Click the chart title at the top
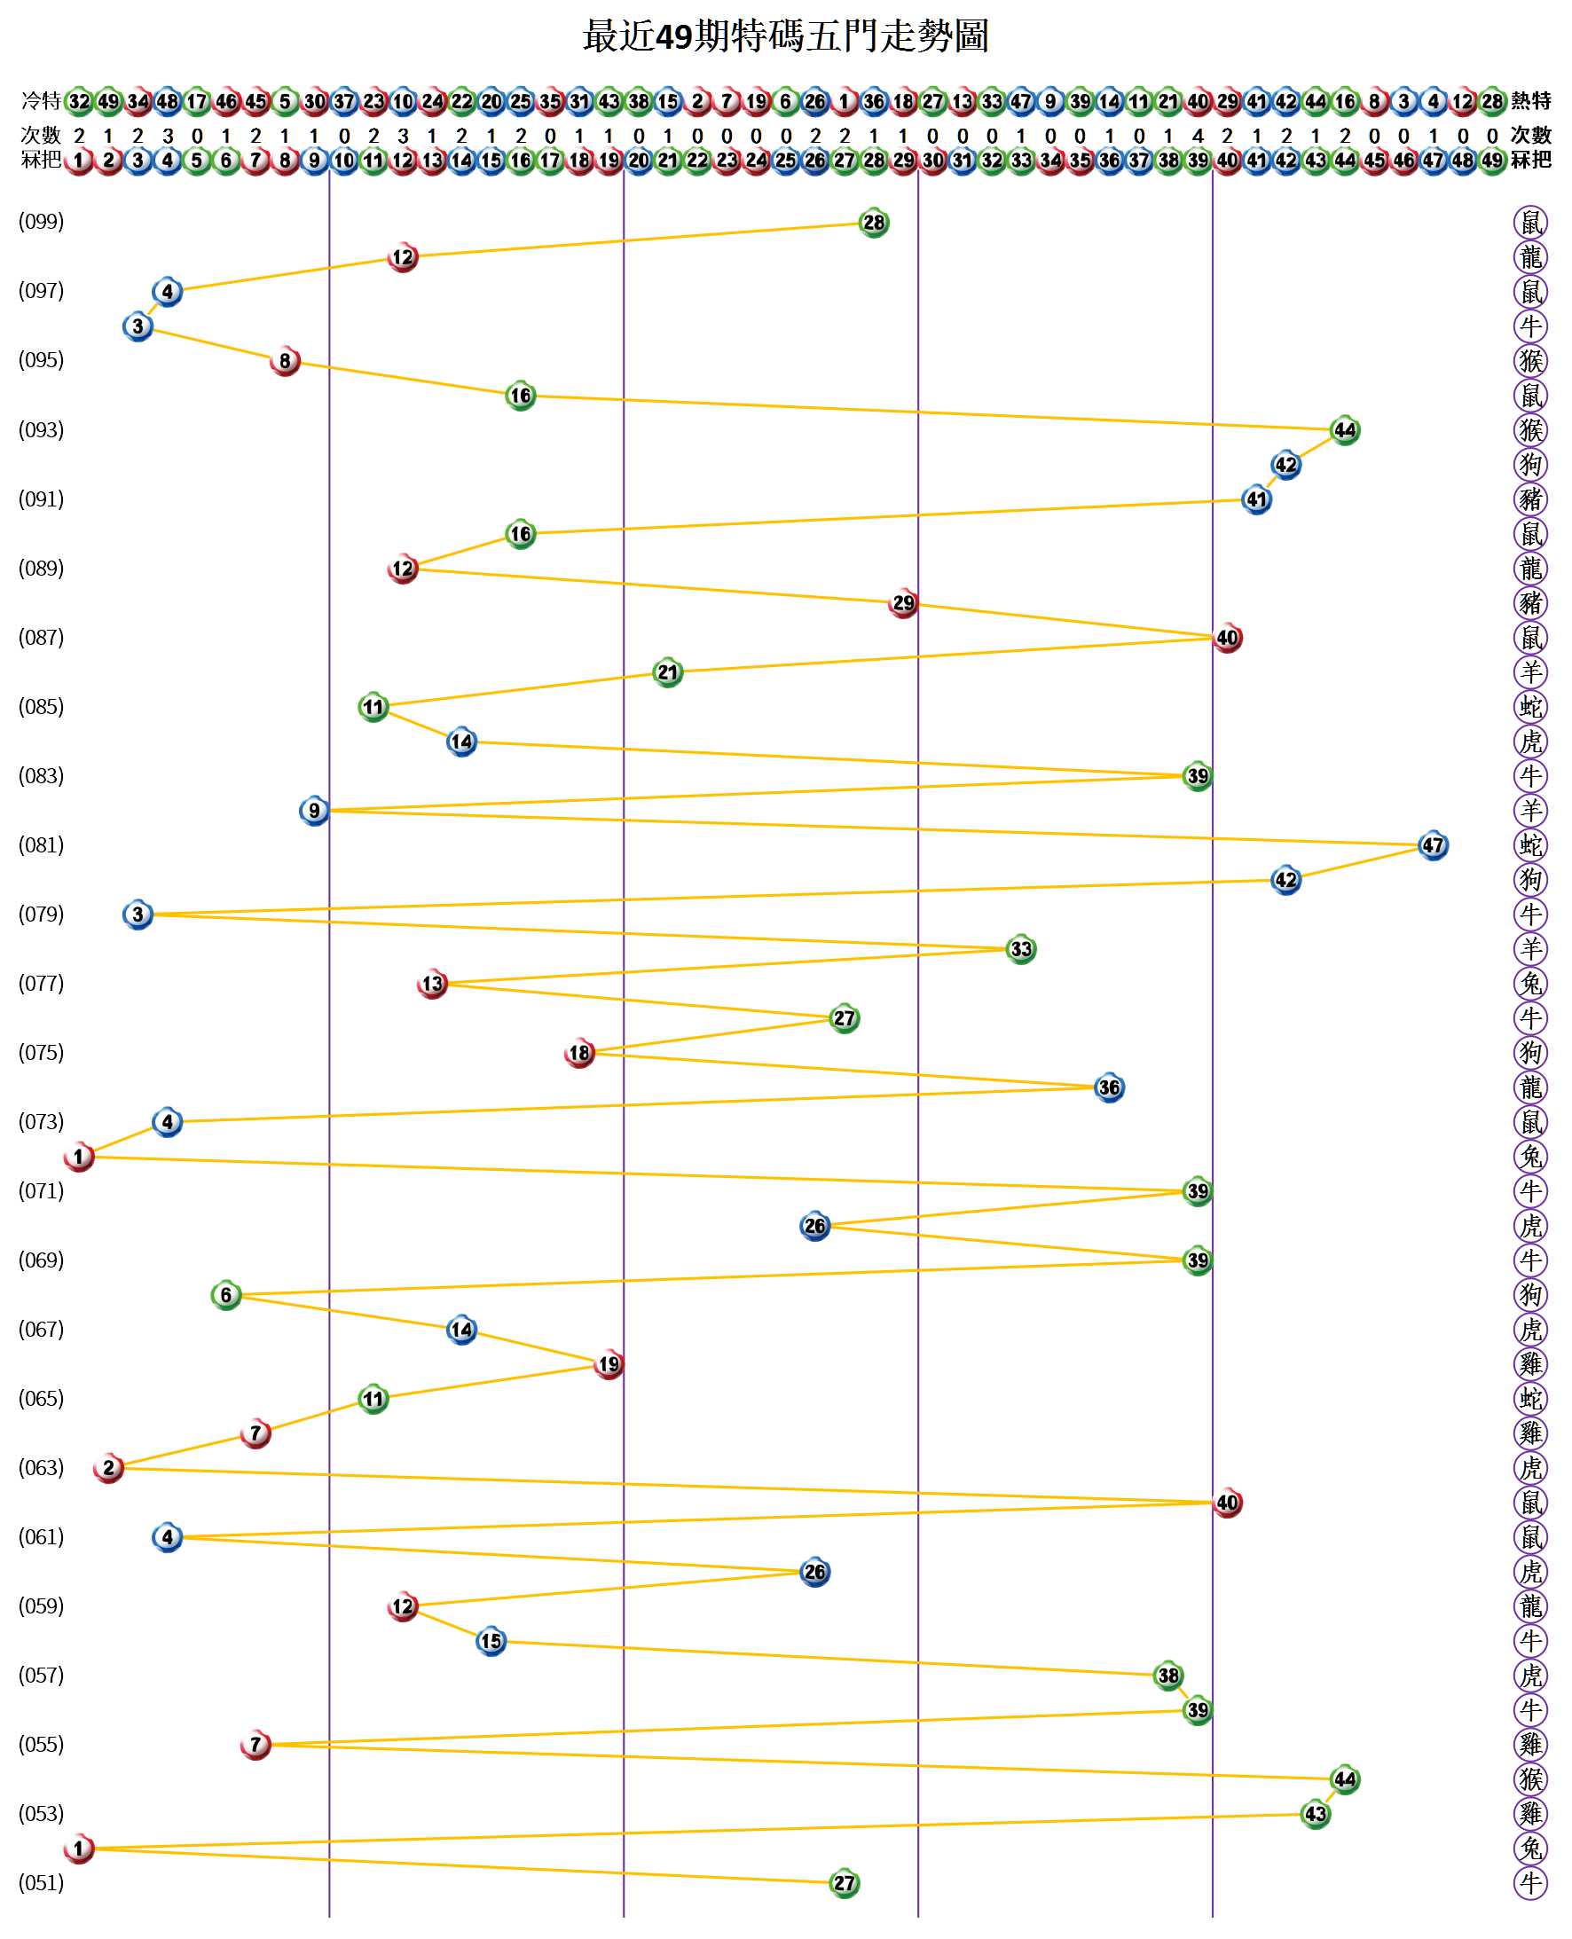click(785, 37)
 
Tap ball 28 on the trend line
click(873, 223)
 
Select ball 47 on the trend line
click(1432, 845)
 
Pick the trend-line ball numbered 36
click(1108, 1087)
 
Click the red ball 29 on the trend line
click(903, 604)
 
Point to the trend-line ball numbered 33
click(1020, 949)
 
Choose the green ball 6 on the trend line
click(225, 1294)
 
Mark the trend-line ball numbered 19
click(609, 1364)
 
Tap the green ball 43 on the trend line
click(1314, 1813)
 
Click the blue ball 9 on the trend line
click(314, 810)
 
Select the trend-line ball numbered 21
click(667, 672)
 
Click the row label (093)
click(42, 430)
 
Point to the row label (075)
click(42, 1053)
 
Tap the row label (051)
click(42, 1883)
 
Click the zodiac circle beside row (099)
click(1530, 222)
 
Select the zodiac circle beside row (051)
click(1530, 1884)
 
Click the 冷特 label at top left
click(41, 100)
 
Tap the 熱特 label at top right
click(1530, 100)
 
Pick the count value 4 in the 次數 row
click(1197, 136)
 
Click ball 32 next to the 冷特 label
click(80, 101)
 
